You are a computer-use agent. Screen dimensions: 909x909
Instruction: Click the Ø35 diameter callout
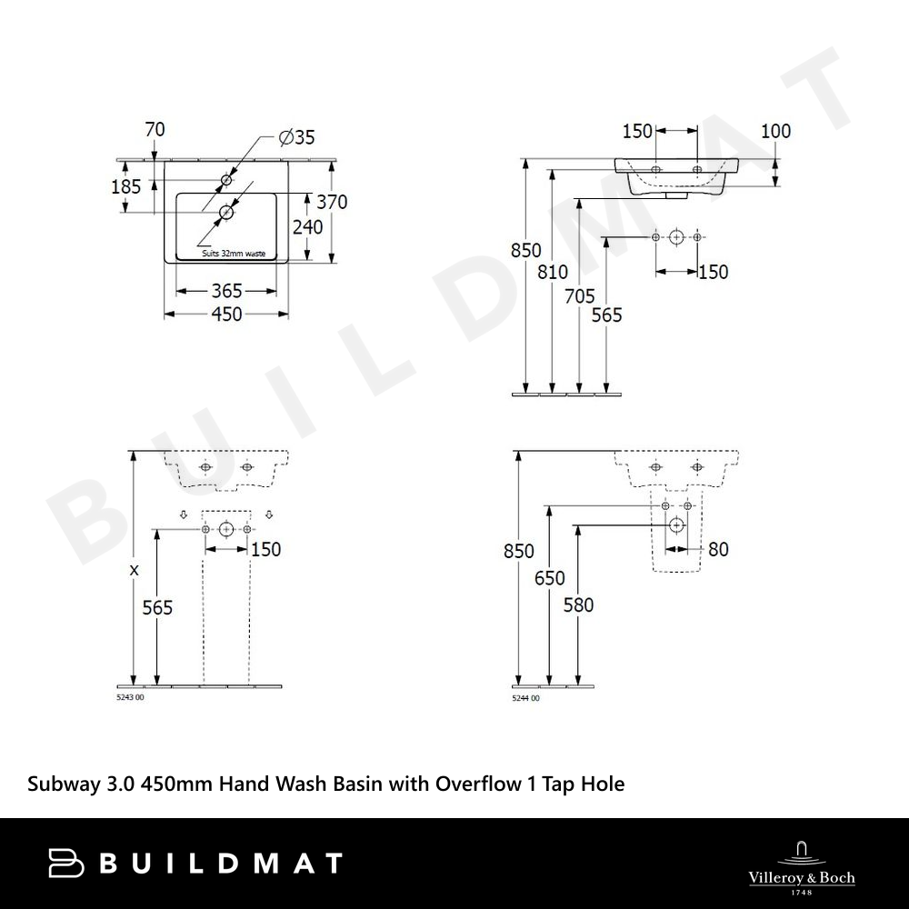point(296,137)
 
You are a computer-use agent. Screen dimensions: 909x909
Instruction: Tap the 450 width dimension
point(226,315)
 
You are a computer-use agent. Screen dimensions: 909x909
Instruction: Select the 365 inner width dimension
point(226,291)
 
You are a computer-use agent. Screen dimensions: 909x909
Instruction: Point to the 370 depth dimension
point(332,202)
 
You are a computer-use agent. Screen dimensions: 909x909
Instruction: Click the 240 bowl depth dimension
point(307,226)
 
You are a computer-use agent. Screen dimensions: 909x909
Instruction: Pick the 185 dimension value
point(125,186)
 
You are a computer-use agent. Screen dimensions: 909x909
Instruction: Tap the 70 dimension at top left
point(155,129)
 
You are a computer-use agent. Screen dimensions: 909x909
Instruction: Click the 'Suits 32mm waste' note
point(234,254)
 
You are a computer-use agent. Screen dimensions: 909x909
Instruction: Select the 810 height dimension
point(553,272)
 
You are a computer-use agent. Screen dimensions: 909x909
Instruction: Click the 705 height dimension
point(580,296)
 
